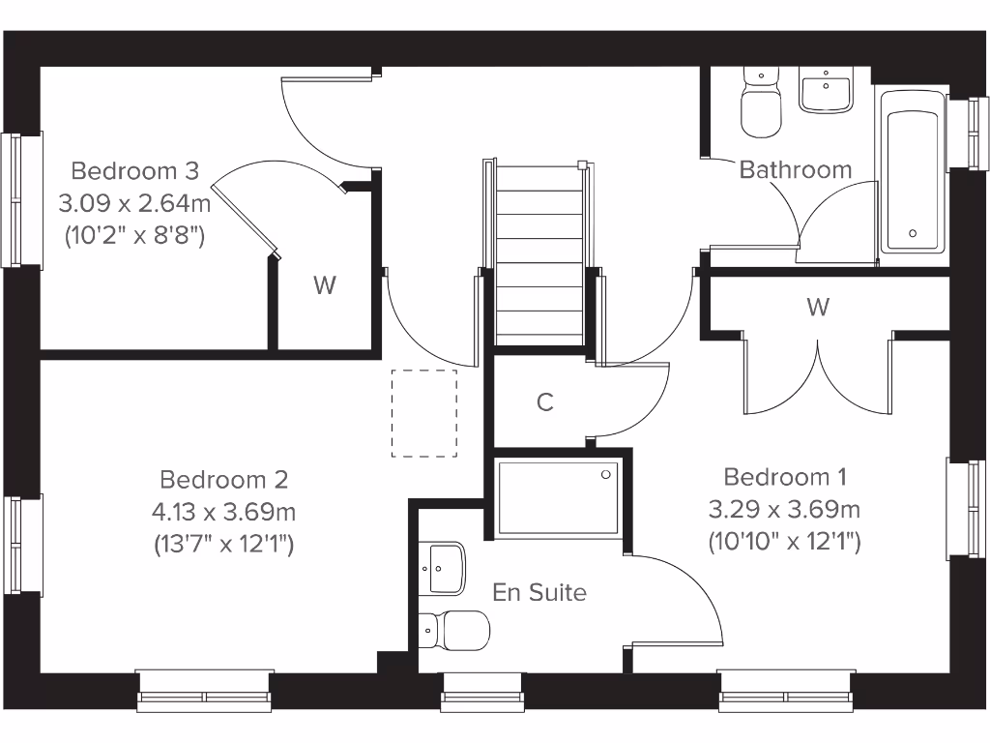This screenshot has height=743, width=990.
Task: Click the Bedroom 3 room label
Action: click(135, 171)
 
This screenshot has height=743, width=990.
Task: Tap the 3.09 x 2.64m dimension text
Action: click(135, 203)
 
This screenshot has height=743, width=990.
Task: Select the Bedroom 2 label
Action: click(224, 479)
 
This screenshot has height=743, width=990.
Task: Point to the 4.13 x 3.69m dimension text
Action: click(224, 511)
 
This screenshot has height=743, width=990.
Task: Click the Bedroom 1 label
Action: click(785, 477)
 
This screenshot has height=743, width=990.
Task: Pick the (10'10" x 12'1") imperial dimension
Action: click(785, 541)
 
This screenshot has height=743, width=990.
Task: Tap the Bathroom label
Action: click(796, 170)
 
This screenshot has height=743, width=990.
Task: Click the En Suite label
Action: click(539, 592)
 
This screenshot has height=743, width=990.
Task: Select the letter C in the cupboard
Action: click(545, 402)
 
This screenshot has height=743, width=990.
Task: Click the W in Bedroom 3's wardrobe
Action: click(325, 285)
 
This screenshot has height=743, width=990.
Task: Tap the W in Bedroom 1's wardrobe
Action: click(818, 308)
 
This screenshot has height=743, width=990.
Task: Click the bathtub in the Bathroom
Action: click(913, 172)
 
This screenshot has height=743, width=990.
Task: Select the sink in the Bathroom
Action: click(827, 92)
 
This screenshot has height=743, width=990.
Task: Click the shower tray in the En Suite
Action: click(557, 498)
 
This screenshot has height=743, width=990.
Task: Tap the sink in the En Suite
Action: click(443, 567)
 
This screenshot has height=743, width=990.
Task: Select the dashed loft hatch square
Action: click(424, 413)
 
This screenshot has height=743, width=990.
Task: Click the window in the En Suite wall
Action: click(482, 692)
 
